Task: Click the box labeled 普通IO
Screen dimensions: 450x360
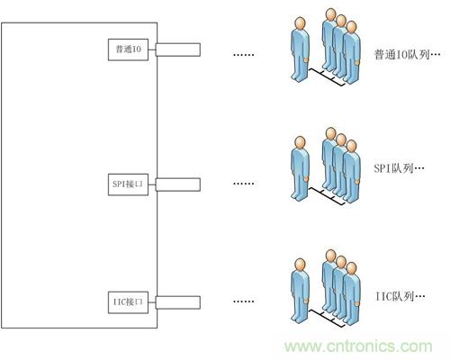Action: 128,49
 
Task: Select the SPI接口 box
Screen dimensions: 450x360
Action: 128,184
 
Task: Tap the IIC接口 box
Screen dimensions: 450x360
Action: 128,302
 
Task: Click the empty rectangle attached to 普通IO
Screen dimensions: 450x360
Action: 178,49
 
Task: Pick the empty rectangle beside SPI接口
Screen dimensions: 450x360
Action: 178,184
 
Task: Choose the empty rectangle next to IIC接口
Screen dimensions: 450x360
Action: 178,302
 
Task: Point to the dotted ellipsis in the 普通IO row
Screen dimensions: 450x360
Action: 244,55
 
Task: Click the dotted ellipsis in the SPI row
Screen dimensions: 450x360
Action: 244,184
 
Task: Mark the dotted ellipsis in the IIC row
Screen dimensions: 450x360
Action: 244,301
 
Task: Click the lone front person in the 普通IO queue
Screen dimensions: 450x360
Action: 300,49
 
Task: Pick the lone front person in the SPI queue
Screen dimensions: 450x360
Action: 300,168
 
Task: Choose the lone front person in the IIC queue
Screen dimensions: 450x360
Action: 300,291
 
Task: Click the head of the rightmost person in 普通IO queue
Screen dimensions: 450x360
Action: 351,27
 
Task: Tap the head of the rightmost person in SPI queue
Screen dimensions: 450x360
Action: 351,146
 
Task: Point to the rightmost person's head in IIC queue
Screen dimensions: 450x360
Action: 351,268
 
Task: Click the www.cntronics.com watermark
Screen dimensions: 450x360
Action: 358,346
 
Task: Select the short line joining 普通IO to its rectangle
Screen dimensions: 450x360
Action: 152,49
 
